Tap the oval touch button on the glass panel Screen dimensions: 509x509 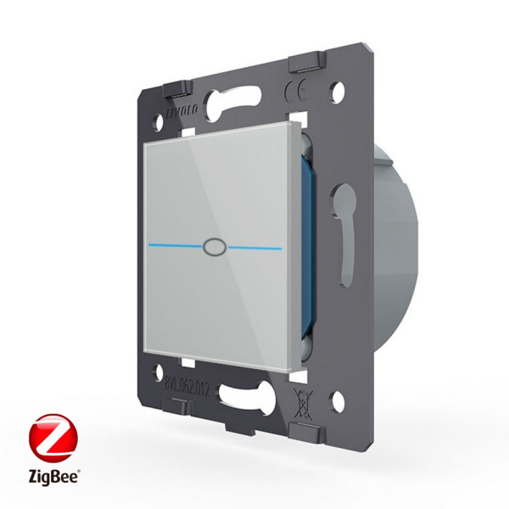click(x=212, y=247)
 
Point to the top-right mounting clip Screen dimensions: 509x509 click(x=307, y=64)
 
